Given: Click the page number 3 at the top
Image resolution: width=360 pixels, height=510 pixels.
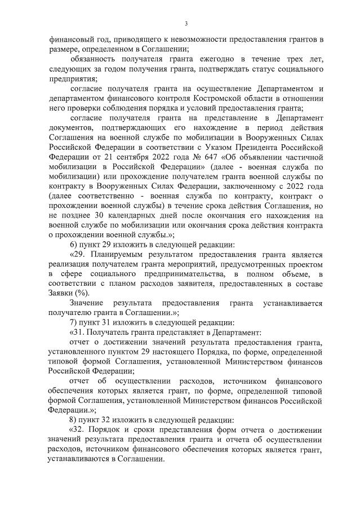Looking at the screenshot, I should (185, 24).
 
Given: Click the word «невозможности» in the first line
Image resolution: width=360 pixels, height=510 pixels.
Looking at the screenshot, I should (181, 39).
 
